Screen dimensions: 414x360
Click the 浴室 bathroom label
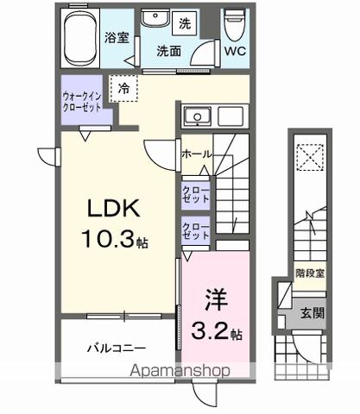pos(117,39)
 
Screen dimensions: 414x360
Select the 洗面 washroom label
pos(167,51)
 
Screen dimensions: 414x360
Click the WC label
pos(235,51)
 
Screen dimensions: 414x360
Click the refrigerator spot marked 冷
pos(125,86)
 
